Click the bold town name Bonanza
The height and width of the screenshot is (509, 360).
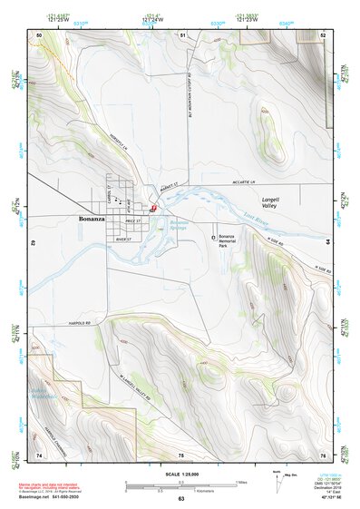click(93, 220)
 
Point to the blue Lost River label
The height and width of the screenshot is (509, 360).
click(258, 220)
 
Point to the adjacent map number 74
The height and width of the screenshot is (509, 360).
click(39, 454)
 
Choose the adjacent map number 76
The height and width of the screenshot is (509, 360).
click(324, 454)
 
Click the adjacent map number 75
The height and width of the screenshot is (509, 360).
click(181, 454)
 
